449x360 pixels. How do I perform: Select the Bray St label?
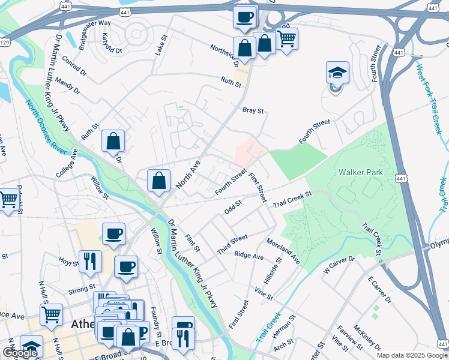pyautogui.click(x=253, y=110)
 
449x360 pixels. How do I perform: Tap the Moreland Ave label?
pyautogui.click(x=283, y=250)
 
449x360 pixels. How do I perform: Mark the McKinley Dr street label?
pyautogui.click(x=367, y=337)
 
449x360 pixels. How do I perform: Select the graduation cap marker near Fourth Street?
pyautogui.click(x=337, y=74)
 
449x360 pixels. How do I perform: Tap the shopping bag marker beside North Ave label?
pyautogui.click(x=158, y=181)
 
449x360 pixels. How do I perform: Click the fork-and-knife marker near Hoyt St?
pyautogui.click(x=89, y=261)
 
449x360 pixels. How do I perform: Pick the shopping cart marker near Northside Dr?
pyautogui.click(x=286, y=38)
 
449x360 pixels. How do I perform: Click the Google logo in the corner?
pyautogui.click(x=20, y=353)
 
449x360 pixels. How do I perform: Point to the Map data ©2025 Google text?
pyautogui.click(x=411, y=355)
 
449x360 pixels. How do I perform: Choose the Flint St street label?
pyautogui.click(x=192, y=244)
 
